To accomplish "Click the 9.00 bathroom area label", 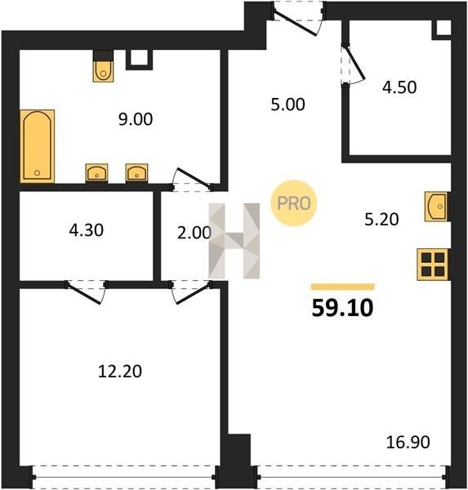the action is pyautogui.click(x=136, y=119).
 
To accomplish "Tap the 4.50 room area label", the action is pyautogui.click(x=399, y=87).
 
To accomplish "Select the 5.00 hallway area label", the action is pyautogui.click(x=287, y=105).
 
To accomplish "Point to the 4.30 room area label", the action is pyautogui.click(x=87, y=230).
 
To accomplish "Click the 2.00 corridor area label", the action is pyautogui.click(x=194, y=233).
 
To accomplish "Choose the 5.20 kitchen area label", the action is pyautogui.click(x=381, y=220).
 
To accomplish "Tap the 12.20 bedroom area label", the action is pyautogui.click(x=120, y=372).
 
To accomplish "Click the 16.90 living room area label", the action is pyautogui.click(x=408, y=442).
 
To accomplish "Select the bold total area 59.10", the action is pyautogui.click(x=342, y=308).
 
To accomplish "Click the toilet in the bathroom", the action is pyautogui.click(x=103, y=71).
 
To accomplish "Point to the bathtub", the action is pyautogui.click(x=38, y=146).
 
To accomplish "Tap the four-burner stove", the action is pyautogui.click(x=434, y=265).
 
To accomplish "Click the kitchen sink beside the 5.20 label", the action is pyautogui.click(x=437, y=207).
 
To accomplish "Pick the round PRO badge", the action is pyautogui.click(x=293, y=203).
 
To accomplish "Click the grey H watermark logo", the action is pyautogui.click(x=234, y=241).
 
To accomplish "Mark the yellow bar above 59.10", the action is pyautogui.click(x=343, y=287).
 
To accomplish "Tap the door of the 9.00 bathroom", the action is pyautogui.click(x=192, y=180).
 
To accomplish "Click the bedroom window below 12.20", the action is pyautogui.click(x=124, y=477).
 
